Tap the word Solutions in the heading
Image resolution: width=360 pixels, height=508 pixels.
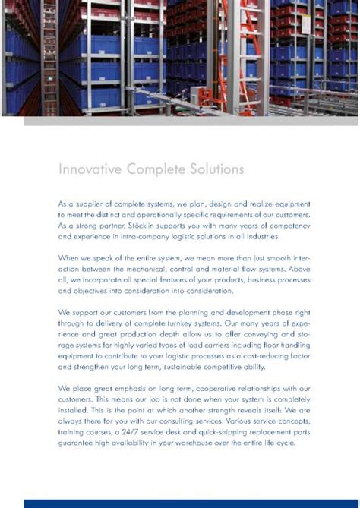pyautogui.click(x=216, y=168)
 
